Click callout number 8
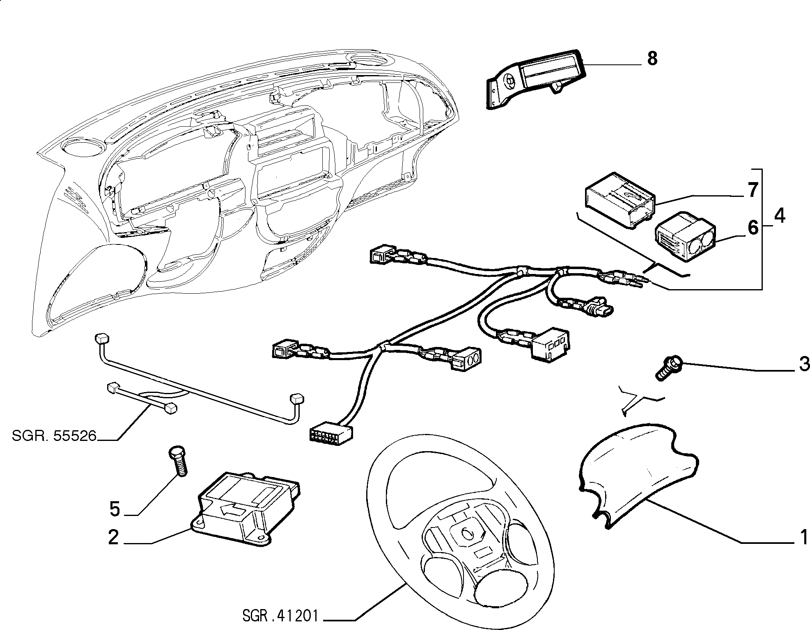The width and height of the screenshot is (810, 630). point(652,59)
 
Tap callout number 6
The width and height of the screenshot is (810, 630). point(753,227)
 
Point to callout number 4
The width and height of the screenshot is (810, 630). point(779,215)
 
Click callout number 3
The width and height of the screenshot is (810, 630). point(803,364)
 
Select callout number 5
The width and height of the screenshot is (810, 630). point(115,509)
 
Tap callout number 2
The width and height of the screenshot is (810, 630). point(113,537)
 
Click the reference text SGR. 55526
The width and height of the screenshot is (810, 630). point(54,436)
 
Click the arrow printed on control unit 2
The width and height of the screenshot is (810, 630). point(232,511)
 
